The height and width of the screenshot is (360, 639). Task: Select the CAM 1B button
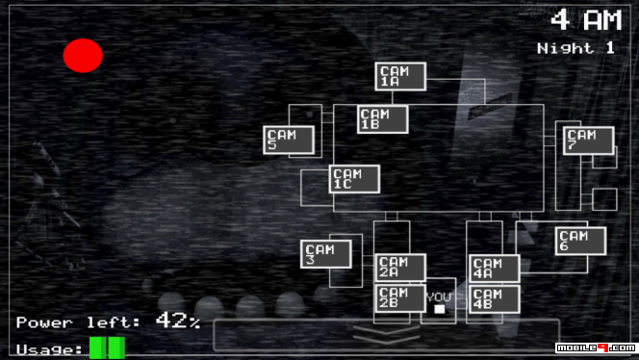[382, 119]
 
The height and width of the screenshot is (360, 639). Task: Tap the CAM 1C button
[354, 179]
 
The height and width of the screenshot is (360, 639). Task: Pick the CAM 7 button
[588, 141]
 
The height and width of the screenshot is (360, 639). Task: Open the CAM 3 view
[325, 254]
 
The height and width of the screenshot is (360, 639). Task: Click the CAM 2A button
[400, 268]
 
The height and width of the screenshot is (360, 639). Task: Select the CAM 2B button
[400, 297]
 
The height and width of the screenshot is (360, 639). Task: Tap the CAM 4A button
[495, 269]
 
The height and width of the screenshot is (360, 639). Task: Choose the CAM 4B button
[495, 298]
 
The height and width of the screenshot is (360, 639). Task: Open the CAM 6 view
[580, 241]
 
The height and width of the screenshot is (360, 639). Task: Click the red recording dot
[83, 56]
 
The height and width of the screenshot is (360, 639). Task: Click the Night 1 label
[575, 47]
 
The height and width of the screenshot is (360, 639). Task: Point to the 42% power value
[177, 321]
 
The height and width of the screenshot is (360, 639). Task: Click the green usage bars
[107, 347]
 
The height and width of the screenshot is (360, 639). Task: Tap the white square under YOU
[440, 309]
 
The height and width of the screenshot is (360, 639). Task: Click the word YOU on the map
[439, 296]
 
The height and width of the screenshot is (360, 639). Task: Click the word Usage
[48, 348]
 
